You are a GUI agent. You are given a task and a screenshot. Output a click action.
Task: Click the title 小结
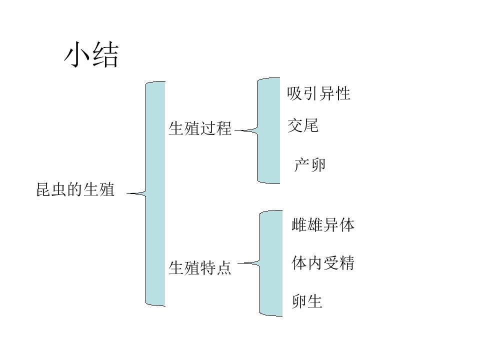click(x=91, y=54)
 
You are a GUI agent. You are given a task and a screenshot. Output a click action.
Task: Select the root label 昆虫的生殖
click(x=75, y=189)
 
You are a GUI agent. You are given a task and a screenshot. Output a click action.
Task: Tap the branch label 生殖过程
click(x=200, y=128)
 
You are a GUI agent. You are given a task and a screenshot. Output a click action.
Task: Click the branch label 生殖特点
click(x=200, y=267)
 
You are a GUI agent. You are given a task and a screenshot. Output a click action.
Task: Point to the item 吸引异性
click(x=318, y=93)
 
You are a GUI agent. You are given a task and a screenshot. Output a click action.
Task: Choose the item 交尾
click(x=303, y=125)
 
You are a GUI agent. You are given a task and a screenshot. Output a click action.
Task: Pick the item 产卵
click(x=310, y=165)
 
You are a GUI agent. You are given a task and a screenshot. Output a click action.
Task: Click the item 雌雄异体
click(x=323, y=225)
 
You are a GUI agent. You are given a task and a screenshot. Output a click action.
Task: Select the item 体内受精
click(x=323, y=263)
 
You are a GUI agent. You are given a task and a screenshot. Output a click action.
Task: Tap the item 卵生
click(x=307, y=301)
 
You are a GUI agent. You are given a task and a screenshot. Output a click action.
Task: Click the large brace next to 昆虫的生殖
click(x=155, y=193)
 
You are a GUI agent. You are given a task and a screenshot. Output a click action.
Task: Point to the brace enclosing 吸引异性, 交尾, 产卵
click(x=268, y=130)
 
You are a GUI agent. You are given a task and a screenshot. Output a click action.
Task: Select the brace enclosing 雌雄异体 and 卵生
click(x=271, y=263)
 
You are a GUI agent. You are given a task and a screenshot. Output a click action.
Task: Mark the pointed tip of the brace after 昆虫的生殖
click(x=127, y=193)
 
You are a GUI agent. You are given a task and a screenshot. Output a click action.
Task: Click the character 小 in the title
click(x=77, y=54)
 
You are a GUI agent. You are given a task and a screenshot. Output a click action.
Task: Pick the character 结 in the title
click(x=105, y=54)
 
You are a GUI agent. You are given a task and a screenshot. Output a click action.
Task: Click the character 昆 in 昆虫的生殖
click(x=44, y=189)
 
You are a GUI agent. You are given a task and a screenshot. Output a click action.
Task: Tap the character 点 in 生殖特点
click(x=224, y=267)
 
